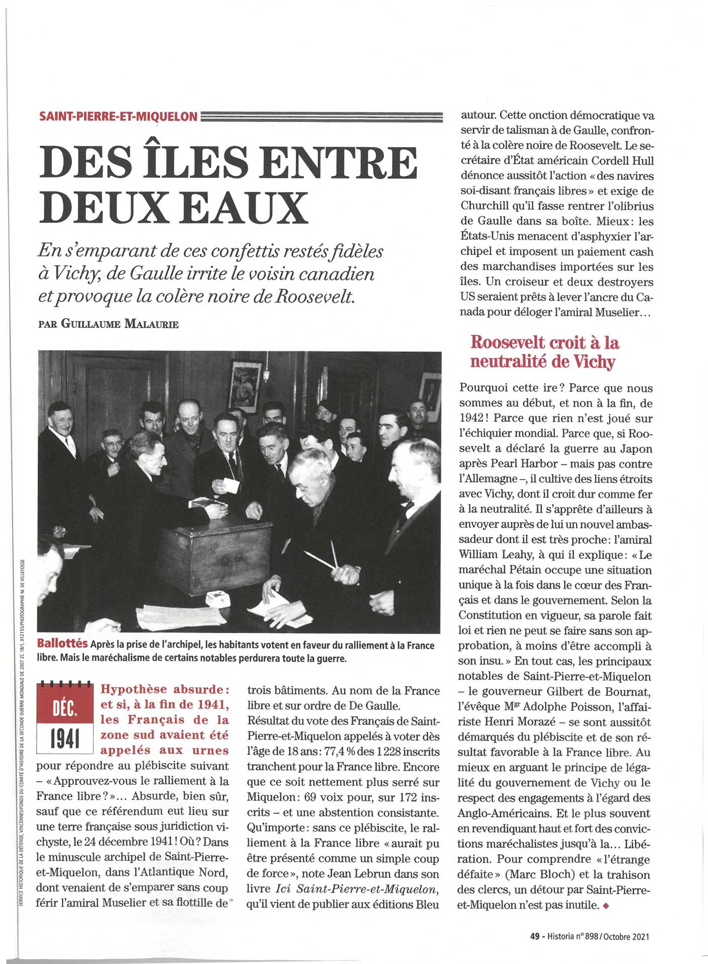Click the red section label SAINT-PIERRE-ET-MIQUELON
tap(119, 116)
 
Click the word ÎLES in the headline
tap(196, 163)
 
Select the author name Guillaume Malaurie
tap(119, 324)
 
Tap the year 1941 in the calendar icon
tap(65, 739)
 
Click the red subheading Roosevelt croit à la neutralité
tap(544, 352)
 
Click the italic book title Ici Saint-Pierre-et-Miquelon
tap(357, 889)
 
